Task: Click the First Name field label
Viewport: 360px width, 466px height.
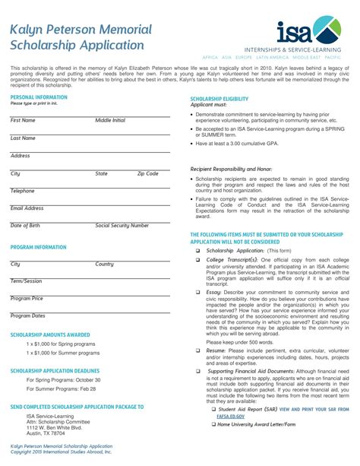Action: (x=23, y=120)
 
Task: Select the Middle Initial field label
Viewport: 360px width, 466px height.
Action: (x=110, y=120)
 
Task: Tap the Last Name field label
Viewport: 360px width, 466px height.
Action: (x=23, y=138)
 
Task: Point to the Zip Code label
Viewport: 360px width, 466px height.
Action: (x=147, y=173)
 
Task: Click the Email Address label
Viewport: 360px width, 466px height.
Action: (x=27, y=208)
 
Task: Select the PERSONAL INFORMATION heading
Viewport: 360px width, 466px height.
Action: (x=39, y=97)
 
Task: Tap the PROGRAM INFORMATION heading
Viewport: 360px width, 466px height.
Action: (x=39, y=247)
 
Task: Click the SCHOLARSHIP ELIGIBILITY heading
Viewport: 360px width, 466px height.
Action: (x=219, y=99)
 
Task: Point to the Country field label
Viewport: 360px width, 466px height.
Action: (x=104, y=264)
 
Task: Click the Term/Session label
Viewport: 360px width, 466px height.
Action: (x=26, y=281)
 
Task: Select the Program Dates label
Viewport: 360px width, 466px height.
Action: (x=27, y=315)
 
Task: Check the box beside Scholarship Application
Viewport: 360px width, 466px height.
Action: (x=197, y=251)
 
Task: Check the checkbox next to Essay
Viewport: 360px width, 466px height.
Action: (x=197, y=292)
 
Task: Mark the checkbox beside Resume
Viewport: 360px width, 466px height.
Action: (x=197, y=351)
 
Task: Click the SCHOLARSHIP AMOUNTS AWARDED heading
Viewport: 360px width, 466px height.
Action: (x=50, y=334)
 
